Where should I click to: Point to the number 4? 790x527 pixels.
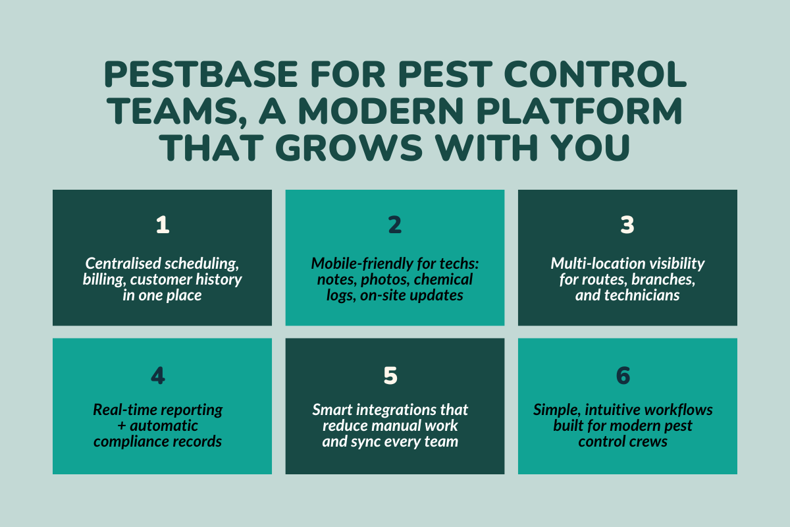158,375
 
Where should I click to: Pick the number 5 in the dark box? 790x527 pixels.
390,375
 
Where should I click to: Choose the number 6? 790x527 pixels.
623,375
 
